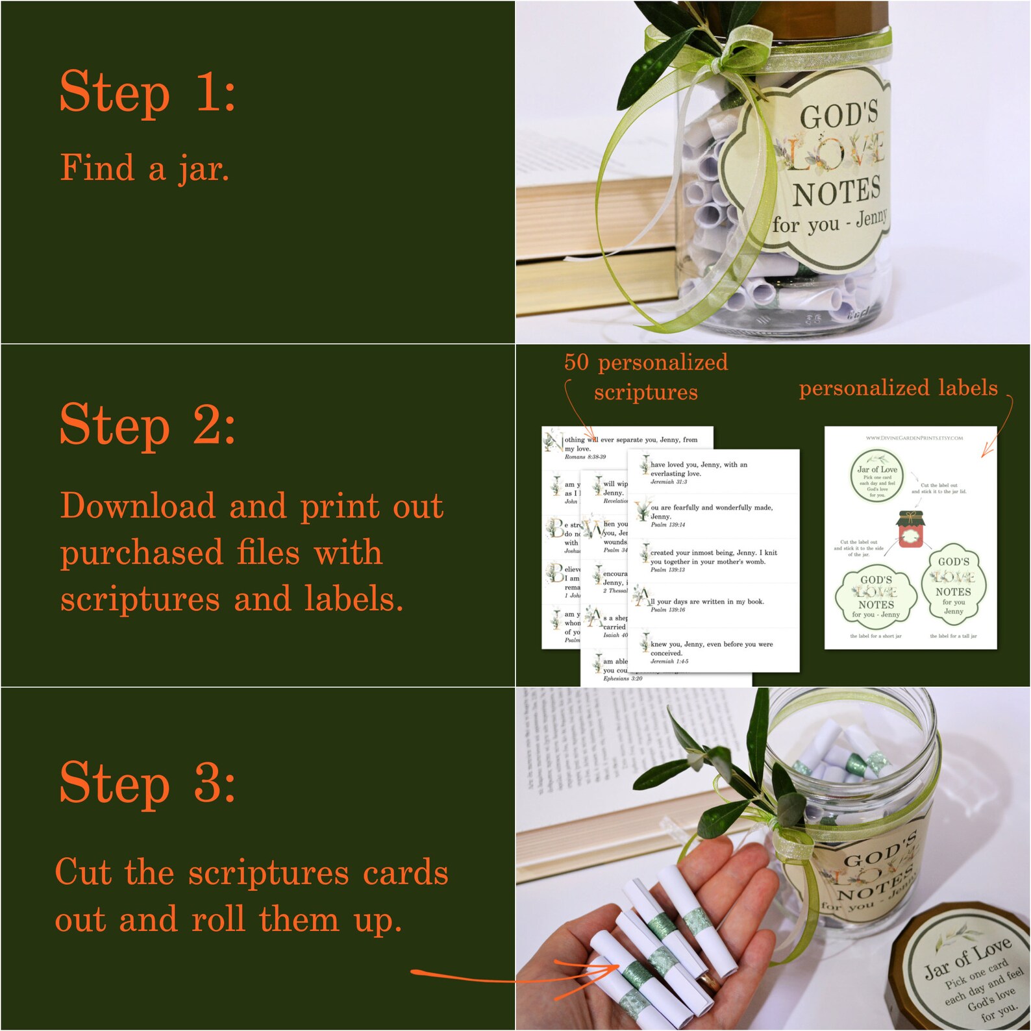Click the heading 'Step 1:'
147,92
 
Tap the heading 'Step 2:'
147,425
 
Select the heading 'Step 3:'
147,782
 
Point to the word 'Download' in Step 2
138,506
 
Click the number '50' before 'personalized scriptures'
576,362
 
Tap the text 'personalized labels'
898,388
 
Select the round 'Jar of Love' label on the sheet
877,478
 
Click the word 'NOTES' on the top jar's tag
836,192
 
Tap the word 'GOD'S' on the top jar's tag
838,116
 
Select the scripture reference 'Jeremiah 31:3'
669,482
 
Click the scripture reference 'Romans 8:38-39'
585,457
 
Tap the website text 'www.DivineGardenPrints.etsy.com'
914,438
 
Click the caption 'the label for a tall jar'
953,636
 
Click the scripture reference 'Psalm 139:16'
668,610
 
